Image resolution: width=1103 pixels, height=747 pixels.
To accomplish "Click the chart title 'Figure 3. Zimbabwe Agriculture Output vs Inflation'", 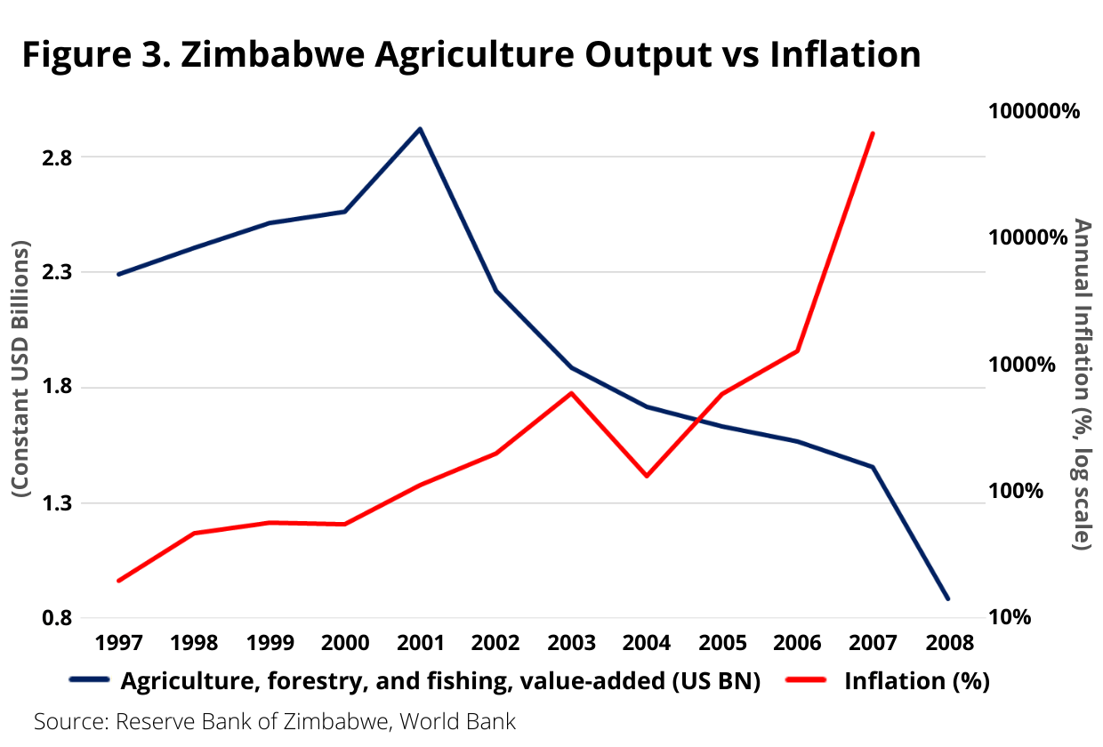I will (x=471, y=54).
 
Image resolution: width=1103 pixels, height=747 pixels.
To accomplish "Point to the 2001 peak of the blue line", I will (x=420, y=129).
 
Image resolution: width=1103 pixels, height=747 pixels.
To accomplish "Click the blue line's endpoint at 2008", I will (x=948, y=598).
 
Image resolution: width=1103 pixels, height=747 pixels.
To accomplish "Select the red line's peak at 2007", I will (x=873, y=133).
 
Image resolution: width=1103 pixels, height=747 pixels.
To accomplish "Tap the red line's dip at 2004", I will (x=647, y=476).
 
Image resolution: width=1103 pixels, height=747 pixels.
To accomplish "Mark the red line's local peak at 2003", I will (x=571, y=392).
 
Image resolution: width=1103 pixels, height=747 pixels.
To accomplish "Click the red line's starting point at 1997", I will (x=118, y=581).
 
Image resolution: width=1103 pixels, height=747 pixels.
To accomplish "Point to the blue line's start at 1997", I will (x=118, y=274).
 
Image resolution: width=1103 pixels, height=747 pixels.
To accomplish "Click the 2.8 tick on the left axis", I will (x=56, y=157).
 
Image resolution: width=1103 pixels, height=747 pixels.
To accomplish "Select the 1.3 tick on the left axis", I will (x=56, y=503).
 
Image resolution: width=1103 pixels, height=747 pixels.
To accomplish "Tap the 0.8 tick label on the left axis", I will (x=56, y=618).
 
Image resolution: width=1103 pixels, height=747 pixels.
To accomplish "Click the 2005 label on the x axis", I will (x=721, y=642).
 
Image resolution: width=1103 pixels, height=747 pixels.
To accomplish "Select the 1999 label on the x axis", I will (x=269, y=642).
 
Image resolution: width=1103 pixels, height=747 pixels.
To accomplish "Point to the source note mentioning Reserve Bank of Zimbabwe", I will (x=275, y=721).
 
